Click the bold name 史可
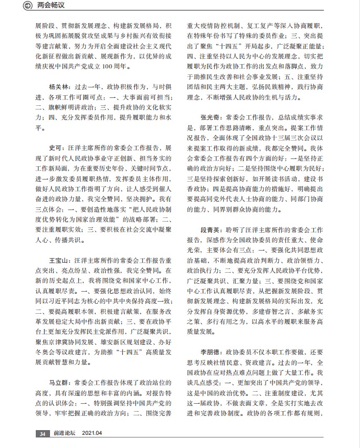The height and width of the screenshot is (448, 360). tap(55, 148)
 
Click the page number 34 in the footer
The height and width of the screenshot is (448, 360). tap(42, 434)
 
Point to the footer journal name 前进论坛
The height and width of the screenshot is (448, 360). tap(62, 434)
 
